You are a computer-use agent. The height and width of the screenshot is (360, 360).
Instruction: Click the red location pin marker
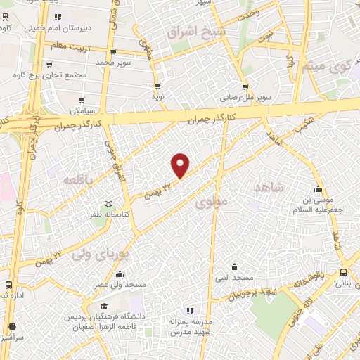pyautogui.click(x=181, y=165)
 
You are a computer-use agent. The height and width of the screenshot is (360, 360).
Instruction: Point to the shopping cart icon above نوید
pyautogui.click(x=157, y=86)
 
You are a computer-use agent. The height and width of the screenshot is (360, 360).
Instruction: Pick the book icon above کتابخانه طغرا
pyautogui.click(x=108, y=204)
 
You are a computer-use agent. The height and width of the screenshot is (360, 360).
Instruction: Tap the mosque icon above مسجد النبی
pyautogui.click(x=235, y=266)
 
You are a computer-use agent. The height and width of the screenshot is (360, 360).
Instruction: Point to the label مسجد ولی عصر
pyautogui.click(x=121, y=285)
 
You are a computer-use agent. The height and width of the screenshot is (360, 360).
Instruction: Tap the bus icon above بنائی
pyautogui.click(x=342, y=273)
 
